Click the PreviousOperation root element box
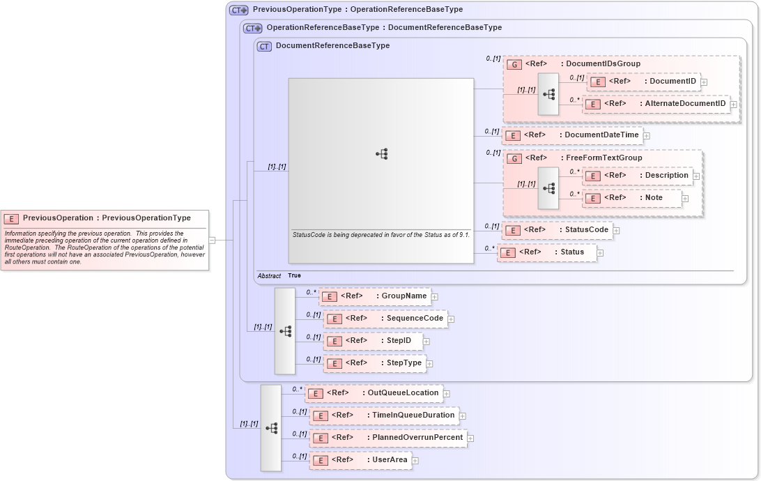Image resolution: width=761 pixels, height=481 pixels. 105,218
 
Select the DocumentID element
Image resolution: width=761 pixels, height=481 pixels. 644,82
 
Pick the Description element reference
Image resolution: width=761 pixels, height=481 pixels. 637,176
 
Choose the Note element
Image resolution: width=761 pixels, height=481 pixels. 632,198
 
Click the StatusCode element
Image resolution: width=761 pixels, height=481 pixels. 557,230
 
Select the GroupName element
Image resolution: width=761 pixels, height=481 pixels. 375,296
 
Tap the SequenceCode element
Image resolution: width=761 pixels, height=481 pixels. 385,319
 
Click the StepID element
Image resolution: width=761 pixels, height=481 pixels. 373,341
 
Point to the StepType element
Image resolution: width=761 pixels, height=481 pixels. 375,363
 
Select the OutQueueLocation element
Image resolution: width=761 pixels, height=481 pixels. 374,393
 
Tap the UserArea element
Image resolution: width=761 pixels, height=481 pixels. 360,460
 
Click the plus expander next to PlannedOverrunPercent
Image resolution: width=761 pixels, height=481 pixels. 470,438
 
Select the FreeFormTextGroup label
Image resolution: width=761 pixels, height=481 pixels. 604,158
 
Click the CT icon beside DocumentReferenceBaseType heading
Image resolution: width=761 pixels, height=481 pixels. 264,46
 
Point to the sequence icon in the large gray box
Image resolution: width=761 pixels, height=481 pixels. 381,154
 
